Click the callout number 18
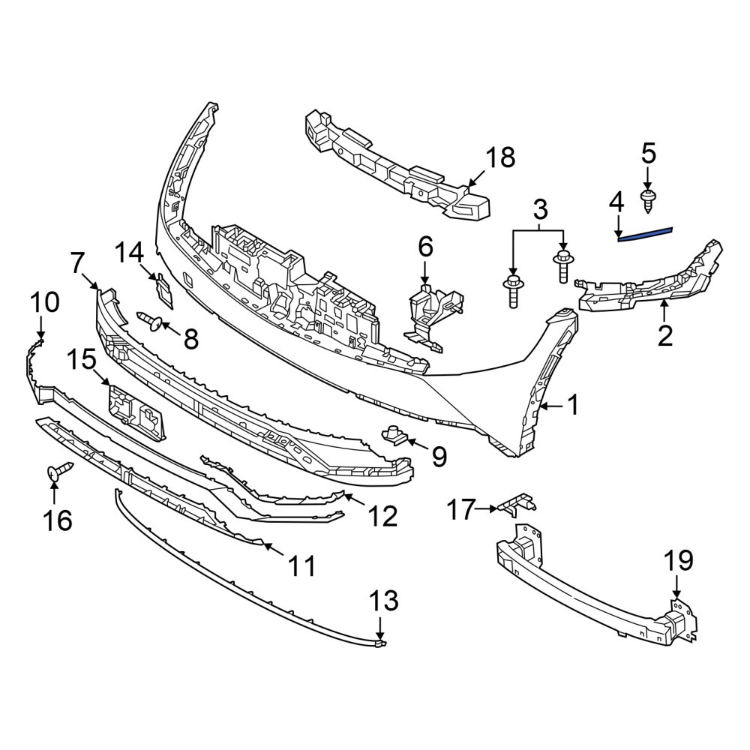pyautogui.click(x=500, y=157)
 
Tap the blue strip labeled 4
pyautogui.click(x=645, y=233)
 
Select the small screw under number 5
pyautogui.click(x=647, y=201)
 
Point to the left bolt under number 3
pyautogui.click(x=513, y=291)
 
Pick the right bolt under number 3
pyautogui.click(x=562, y=266)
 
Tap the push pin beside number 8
pyautogui.click(x=150, y=320)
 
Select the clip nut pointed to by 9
pyautogui.click(x=394, y=434)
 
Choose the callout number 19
pyautogui.click(x=679, y=561)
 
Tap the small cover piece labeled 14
pyautogui.click(x=163, y=289)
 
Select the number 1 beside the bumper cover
pyautogui.click(x=572, y=405)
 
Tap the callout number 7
pyautogui.click(x=79, y=262)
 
